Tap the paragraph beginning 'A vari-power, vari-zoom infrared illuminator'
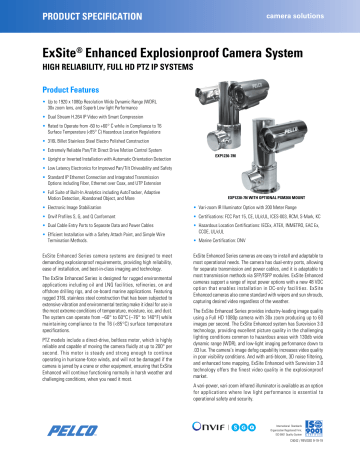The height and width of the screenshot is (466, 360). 266,394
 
